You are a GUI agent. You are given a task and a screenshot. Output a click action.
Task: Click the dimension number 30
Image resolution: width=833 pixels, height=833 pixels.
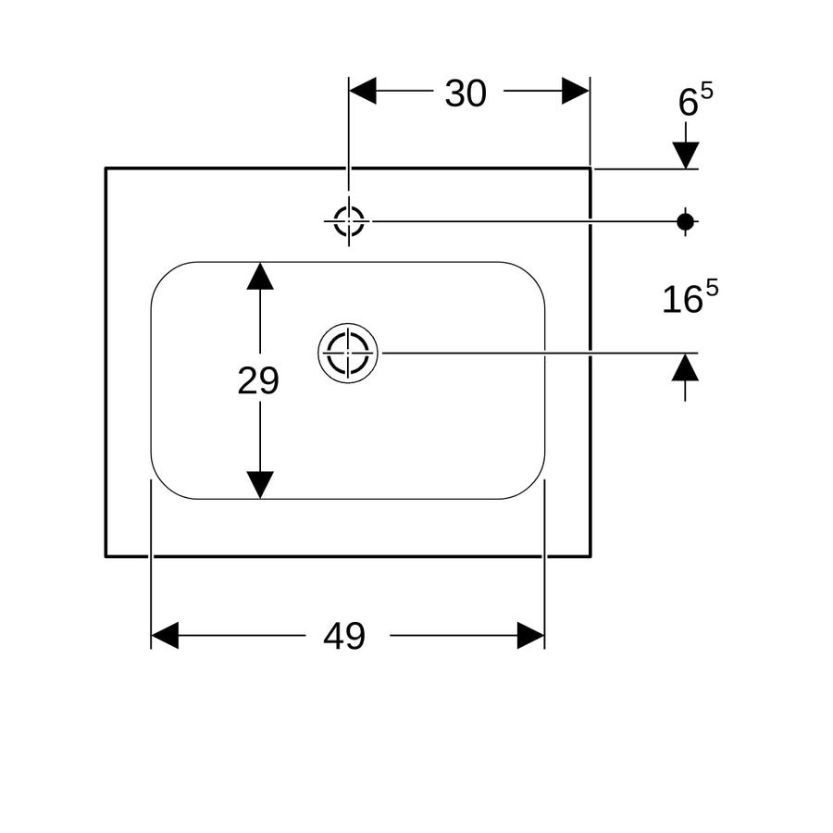466,93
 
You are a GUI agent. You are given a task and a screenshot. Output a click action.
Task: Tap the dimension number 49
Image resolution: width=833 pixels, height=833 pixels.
344,636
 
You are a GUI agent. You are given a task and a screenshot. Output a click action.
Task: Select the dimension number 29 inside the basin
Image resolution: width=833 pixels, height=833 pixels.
258,381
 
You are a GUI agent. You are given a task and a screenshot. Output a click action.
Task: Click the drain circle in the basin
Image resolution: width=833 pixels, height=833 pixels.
348,353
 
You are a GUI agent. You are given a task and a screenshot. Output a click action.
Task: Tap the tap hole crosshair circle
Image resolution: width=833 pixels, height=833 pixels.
349,221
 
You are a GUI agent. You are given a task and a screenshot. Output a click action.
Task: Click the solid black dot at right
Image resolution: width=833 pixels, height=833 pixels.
685,221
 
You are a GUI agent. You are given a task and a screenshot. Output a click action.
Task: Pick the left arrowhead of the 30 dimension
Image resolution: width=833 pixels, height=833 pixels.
362,91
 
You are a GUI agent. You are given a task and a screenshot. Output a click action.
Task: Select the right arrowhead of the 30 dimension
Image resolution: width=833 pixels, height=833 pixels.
576,91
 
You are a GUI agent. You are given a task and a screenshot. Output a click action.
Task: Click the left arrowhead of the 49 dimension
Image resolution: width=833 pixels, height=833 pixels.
165,635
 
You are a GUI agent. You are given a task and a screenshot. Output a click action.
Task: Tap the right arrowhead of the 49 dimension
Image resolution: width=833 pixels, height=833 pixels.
530,635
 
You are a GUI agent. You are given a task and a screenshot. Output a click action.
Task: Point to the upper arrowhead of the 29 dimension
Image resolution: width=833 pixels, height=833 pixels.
260,276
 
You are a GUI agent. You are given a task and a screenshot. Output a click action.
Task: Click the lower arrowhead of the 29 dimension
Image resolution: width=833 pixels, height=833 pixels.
260,485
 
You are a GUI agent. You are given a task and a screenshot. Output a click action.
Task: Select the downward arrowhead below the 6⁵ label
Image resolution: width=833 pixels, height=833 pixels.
685,155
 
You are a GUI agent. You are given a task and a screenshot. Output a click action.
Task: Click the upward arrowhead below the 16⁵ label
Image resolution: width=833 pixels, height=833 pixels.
685,367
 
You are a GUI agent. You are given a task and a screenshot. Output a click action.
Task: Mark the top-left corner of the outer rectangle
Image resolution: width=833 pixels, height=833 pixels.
106,168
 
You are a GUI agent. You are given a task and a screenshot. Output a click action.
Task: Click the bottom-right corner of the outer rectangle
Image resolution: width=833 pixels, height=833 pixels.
591,556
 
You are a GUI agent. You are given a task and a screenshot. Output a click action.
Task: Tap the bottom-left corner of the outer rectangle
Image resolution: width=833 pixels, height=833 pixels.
106,556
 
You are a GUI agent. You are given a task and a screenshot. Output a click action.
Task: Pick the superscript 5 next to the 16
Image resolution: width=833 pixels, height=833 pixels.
712,289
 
